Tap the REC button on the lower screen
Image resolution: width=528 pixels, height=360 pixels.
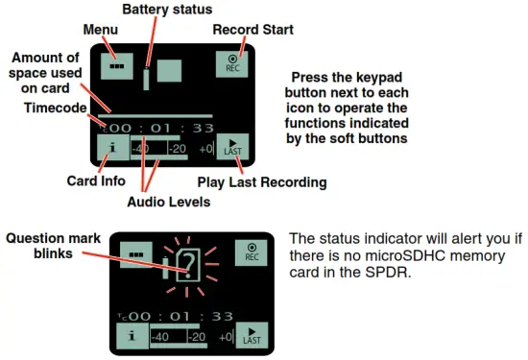click(252, 252)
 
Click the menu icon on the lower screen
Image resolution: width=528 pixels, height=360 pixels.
click(136, 253)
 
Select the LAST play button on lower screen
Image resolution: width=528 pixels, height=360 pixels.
click(252, 335)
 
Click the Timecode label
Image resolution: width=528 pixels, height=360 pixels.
click(57, 108)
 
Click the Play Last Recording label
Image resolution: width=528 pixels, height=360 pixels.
click(261, 181)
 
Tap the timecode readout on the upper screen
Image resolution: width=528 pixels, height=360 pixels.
click(159, 127)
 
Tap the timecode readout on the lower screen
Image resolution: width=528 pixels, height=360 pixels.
click(182, 316)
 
